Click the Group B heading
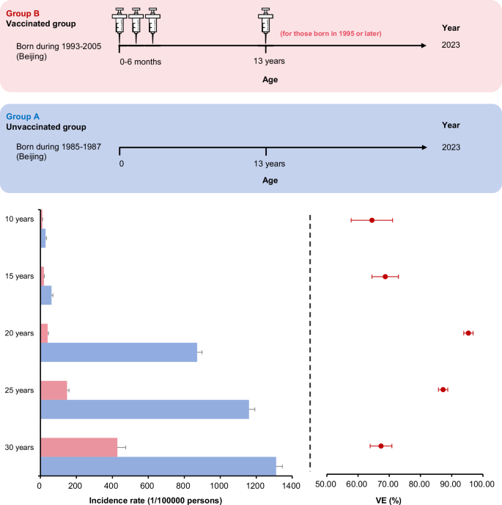pos(23,12)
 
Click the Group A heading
pos(23,116)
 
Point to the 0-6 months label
pos(140,62)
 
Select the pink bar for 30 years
pos(78,447)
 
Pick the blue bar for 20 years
pos(119,352)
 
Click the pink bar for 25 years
pos(53,390)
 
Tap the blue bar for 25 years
pos(144,409)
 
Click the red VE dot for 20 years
pos(468,333)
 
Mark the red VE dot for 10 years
pos(372,220)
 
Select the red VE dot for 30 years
pos(380,446)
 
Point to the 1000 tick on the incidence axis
pos(220,486)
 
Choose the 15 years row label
pos(20,276)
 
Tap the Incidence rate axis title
pos(155,500)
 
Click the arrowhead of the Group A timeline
pos(424,148)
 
